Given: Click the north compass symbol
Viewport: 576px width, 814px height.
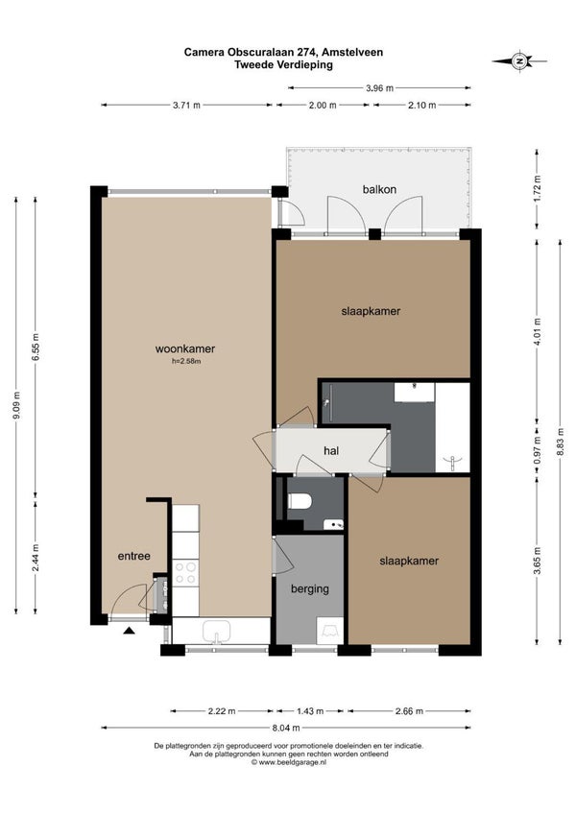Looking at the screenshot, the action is [x=518, y=61].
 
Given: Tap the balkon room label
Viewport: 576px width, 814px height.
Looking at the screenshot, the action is [x=379, y=189].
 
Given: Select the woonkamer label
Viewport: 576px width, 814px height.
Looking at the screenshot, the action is [x=185, y=348].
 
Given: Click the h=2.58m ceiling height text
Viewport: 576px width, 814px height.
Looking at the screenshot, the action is [x=186, y=361].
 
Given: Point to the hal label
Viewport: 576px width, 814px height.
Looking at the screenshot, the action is [x=331, y=450].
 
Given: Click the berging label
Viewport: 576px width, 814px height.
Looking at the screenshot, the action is [x=309, y=589].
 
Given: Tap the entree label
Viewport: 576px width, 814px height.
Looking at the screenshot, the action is [x=134, y=556].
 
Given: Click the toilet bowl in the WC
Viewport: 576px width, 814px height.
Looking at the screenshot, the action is [x=300, y=501].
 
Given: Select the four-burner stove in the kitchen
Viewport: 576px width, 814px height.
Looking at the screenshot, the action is [x=185, y=573].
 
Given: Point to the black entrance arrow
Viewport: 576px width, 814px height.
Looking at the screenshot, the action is [x=129, y=631].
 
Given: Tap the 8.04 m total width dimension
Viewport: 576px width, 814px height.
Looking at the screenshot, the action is [x=286, y=728].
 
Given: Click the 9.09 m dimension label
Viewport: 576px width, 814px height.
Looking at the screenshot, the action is [x=15, y=405].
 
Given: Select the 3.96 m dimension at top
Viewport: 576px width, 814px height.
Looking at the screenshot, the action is [x=379, y=88].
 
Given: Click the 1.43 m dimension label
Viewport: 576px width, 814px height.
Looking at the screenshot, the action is [x=309, y=711].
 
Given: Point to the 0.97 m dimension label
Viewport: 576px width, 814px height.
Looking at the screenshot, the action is [x=537, y=450].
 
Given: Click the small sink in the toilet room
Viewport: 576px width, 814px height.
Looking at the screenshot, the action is [x=333, y=524].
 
